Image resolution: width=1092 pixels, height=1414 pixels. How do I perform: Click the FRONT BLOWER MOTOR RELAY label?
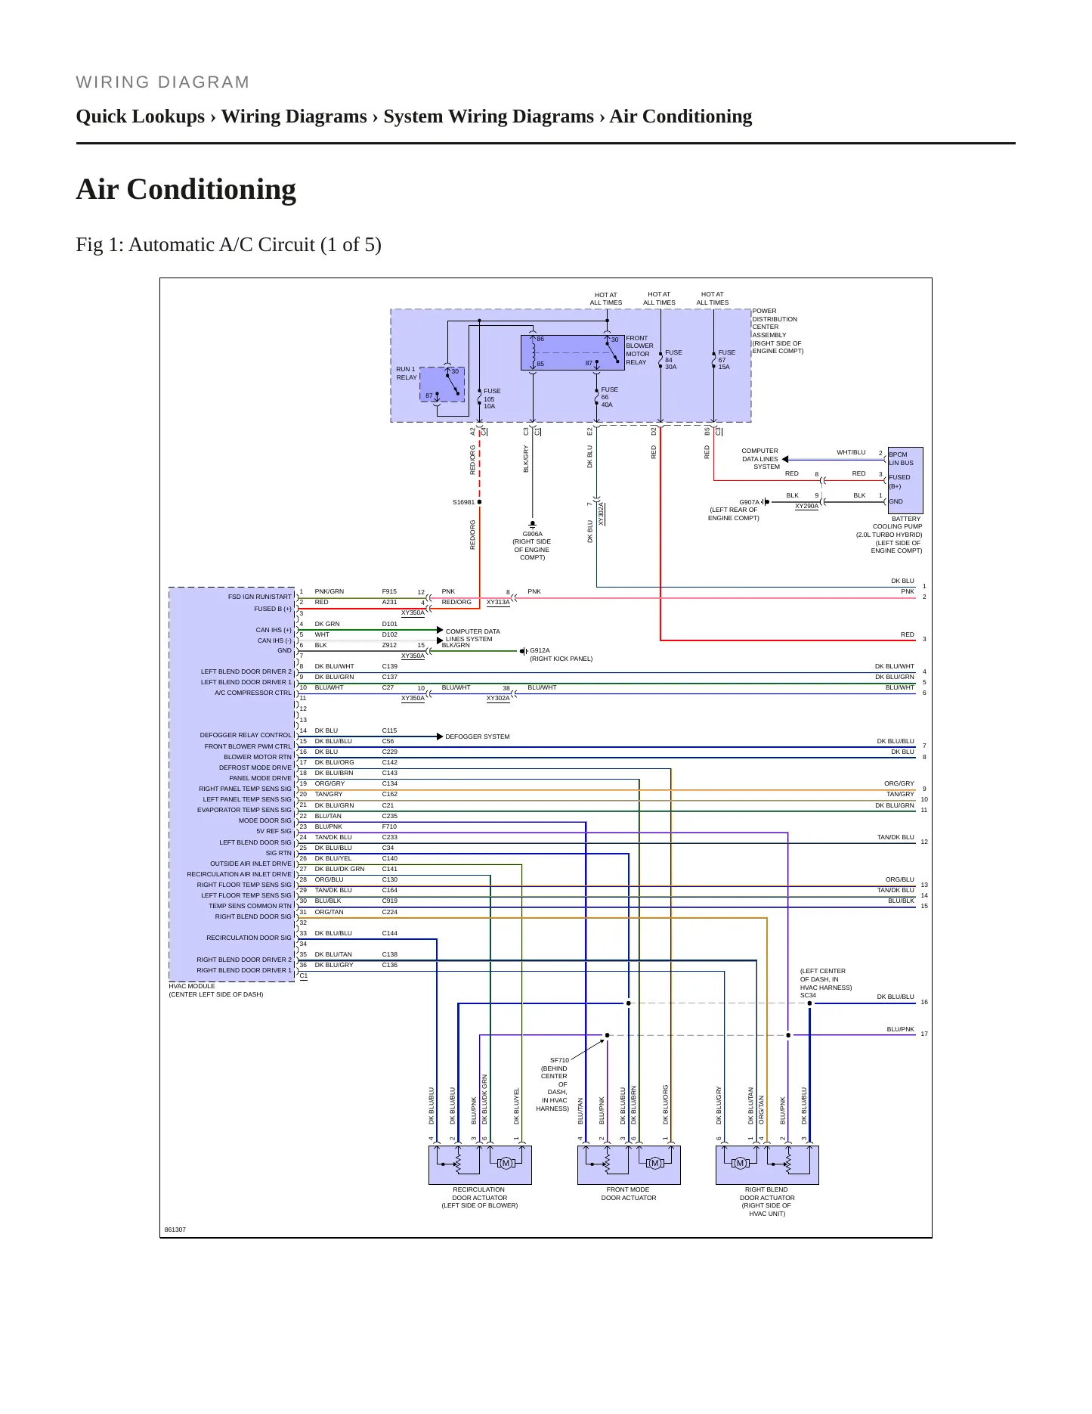[x=639, y=350]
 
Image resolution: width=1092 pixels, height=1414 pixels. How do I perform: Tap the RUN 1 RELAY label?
[x=407, y=374]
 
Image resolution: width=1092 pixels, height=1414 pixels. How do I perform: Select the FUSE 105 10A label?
[x=492, y=398]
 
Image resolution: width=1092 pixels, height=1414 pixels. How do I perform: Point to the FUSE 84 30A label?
[x=673, y=360]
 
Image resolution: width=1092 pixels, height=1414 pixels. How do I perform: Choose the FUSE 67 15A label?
[x=726, y=360]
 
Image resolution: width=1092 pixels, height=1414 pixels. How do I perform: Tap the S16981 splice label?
[x=463, y=502]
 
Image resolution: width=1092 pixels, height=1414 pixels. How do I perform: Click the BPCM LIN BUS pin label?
[x=901, y=459]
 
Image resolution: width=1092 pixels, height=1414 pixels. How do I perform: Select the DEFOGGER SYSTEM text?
[x=477, y=736]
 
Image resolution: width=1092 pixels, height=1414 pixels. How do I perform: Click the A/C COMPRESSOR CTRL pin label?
[x=252, y=693]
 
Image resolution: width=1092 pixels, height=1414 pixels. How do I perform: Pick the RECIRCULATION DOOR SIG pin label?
[x=249, y=938]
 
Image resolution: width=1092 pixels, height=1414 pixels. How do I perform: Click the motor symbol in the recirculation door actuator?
[x=506, y=1163]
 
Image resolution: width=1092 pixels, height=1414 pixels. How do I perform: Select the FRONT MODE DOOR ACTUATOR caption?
[x=628, y=1194]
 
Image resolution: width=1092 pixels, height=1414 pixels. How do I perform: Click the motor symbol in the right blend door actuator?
[x=740, y=1163]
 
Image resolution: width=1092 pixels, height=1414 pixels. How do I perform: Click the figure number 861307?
[x=175, y=1229]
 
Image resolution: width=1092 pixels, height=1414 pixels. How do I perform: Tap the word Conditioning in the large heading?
[x=212, y=190]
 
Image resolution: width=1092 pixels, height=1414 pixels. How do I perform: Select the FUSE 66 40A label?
[x=609, y=397]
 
